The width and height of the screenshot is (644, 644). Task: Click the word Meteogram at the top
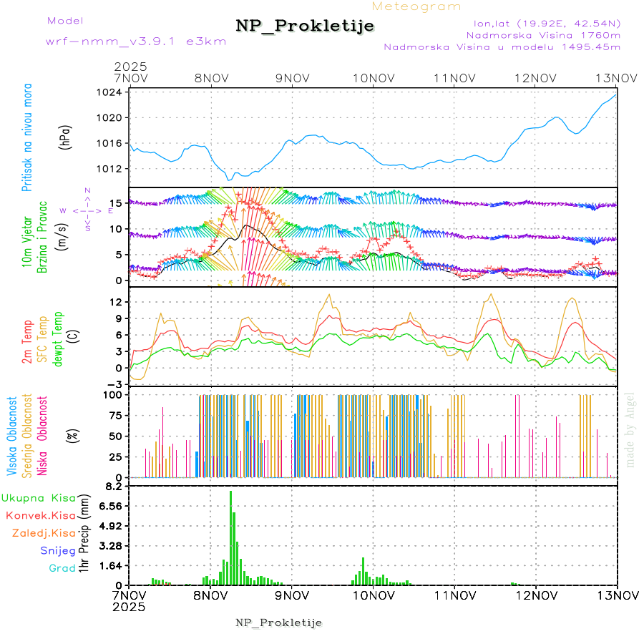tap(417, 6)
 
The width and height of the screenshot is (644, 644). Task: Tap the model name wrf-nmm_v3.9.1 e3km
tap(136, 41)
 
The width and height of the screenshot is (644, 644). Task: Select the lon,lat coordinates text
tap(542, 23)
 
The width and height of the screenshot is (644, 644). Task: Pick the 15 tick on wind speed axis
tap(118, 203)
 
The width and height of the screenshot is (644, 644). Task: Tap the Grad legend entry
tap(62, 568)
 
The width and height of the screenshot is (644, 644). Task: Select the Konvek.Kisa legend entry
tap(41, 515)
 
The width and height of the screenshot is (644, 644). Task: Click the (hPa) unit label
tap(66, 137)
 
